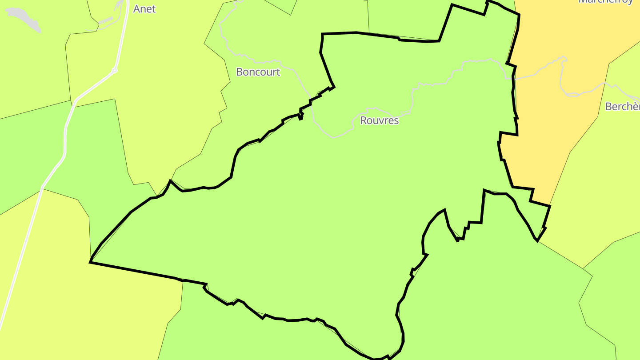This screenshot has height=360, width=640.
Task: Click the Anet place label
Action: point(144,9)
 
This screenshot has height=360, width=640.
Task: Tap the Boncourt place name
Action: point(258,72)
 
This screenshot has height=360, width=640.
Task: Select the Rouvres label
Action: point(379,120)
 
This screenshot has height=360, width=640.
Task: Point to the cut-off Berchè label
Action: point(622,107)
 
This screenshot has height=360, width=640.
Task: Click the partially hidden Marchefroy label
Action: point(605,2)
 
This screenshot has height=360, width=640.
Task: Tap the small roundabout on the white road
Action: point(115,70)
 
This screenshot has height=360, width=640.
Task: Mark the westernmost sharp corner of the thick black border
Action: point(90,262)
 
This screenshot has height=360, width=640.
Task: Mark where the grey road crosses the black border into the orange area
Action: point(514,79)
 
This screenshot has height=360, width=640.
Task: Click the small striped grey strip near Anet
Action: point(105,21)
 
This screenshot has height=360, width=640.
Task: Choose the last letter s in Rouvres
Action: point(396,120)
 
